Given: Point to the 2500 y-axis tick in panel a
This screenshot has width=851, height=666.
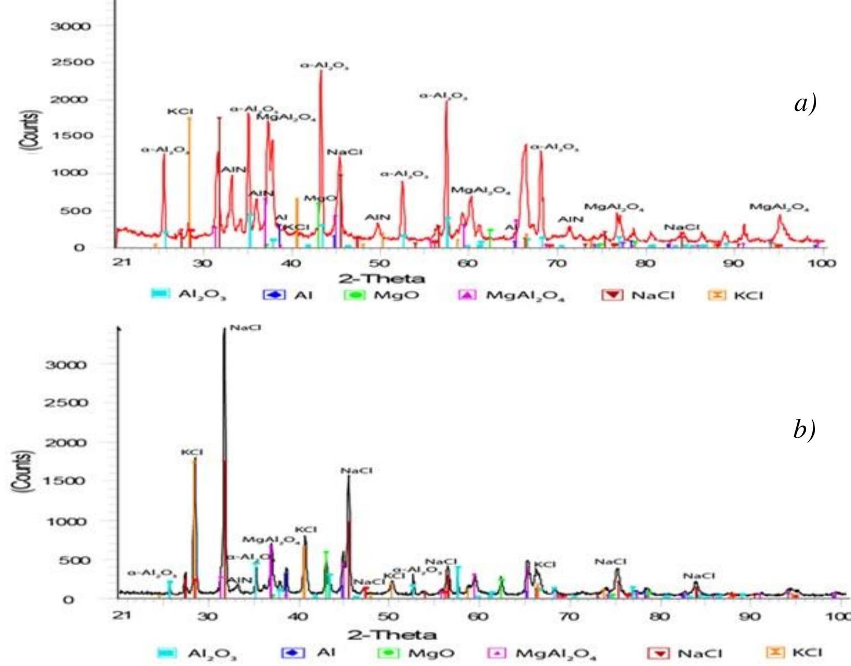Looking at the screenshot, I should click(72, 62).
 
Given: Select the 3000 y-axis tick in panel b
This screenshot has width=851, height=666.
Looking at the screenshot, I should click(65, 365).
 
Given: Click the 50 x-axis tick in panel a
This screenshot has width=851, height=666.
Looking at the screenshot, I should click(380, 262).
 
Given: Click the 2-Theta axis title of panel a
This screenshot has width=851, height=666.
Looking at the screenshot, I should click(382, 278).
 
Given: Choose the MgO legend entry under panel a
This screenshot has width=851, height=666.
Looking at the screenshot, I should click(382, 295).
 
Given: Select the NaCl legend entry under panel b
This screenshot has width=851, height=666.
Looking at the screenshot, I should click(685, 653).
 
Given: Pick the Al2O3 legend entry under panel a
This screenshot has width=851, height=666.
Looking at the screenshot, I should click(188, 295).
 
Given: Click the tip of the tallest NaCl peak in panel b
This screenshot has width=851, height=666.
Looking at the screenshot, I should click(224, 329).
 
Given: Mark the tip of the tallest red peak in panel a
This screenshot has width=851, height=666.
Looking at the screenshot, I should click(321, 71).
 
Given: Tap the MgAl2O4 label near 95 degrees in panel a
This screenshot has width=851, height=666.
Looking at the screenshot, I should click(779, 207).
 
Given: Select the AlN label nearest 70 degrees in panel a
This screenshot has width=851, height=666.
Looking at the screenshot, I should click(570, 219).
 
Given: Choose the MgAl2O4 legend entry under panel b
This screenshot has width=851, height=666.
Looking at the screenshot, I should click(543, 653).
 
